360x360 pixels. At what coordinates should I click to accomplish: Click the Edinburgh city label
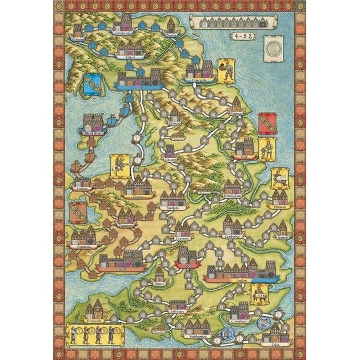point(126,34)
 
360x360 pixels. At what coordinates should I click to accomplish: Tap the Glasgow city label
point(80,42)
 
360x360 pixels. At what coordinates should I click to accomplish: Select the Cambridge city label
point(234,235)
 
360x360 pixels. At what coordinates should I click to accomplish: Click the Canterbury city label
point(243,322)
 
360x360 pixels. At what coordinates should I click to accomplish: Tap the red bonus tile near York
point(266,123)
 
